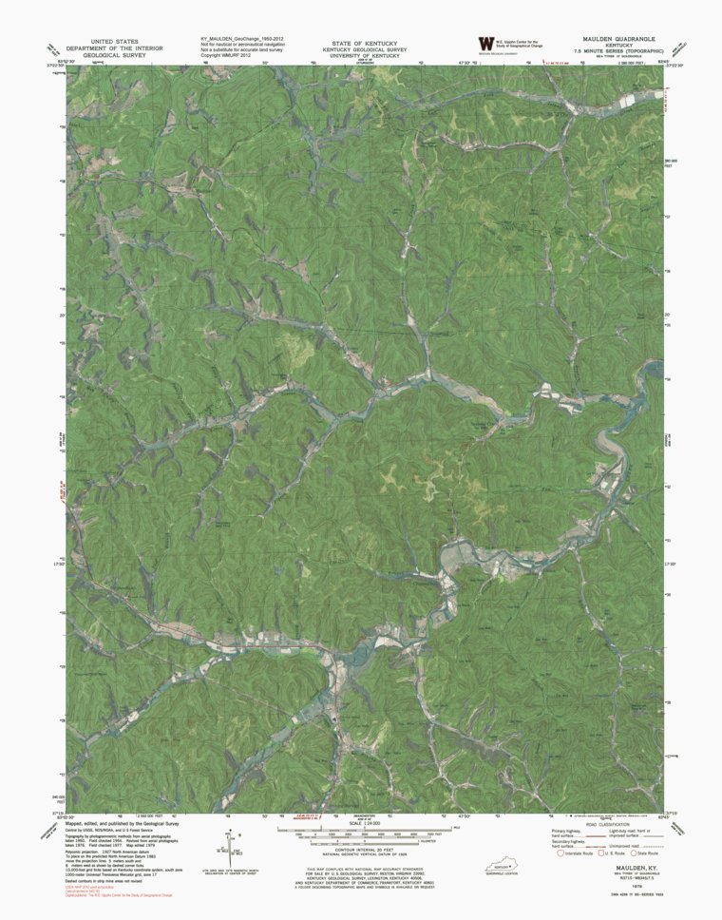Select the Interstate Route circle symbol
(x=561, y=853)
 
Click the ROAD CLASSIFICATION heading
(x=604, y=824)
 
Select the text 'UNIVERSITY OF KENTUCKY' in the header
(x=364, y=56)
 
